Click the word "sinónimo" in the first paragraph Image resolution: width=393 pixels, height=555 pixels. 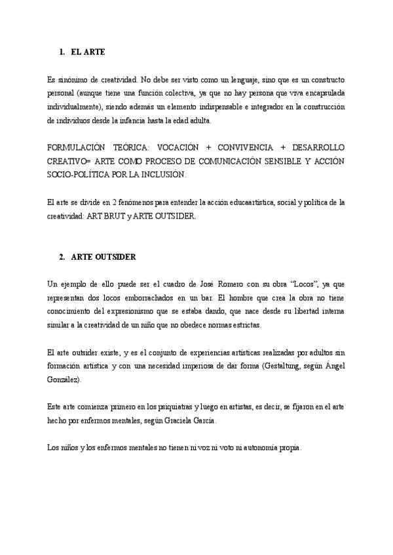(x=73, y=79)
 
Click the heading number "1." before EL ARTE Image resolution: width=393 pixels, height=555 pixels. (x=62, y=51)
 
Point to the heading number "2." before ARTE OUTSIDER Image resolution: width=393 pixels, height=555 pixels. (x=62, y=257)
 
